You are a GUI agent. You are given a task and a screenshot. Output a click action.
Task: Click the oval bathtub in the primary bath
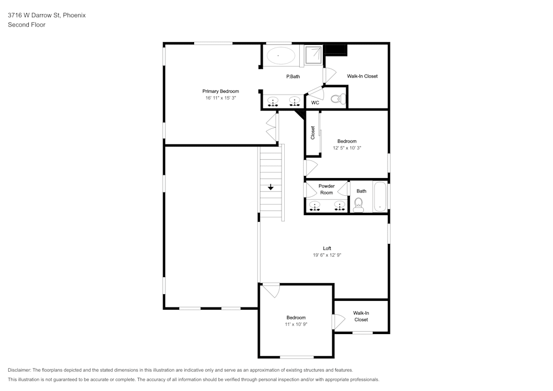click(281, 56)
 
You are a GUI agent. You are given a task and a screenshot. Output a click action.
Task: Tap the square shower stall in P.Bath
click(313, 55)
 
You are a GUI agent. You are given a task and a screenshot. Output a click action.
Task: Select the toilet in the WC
click(338, 98)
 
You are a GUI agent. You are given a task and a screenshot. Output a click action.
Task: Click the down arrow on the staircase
click(270, 187)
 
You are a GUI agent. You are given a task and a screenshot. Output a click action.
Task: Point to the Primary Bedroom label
click(221, 91)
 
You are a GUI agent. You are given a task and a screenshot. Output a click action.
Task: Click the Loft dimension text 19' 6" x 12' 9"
click(327, 255)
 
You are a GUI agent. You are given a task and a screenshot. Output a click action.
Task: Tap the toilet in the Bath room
click(359, 205)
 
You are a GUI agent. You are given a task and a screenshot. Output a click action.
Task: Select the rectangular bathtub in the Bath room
click(380, 197)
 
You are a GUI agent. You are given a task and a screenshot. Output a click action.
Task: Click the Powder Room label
click(327, 189)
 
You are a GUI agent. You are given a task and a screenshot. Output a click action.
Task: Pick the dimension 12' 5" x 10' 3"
click(347, 148)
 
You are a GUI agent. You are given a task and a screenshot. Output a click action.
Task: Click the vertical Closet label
click(312, 133)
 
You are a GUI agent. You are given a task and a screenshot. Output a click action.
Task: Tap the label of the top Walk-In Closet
click(362, 76)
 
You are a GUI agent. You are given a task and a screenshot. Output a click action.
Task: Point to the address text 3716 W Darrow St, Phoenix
click(47, 15)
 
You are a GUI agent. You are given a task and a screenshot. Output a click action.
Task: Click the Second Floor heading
click(27, 25)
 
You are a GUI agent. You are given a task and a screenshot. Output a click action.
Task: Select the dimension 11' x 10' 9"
click(296, 324)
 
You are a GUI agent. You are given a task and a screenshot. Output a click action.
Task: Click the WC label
click(315, 103)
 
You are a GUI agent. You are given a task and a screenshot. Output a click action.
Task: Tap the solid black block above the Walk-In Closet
click(336, 50)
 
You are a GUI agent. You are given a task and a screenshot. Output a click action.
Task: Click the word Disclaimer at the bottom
click(19, 370)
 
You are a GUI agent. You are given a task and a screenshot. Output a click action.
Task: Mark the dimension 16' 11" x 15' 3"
click(221, 98)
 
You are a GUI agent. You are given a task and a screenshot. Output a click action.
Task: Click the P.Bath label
click(293, 76)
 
